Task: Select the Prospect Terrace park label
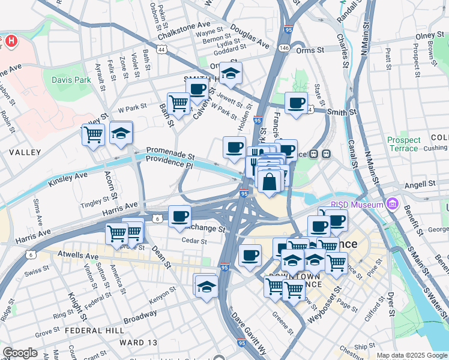coord(403,144)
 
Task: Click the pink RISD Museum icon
coord(393,204)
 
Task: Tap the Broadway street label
coord(140,314)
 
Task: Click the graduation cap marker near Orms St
coord(230,73)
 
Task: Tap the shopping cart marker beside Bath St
coord(178,103)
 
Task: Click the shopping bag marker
coord(270,181)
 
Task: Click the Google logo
coord(20,353)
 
